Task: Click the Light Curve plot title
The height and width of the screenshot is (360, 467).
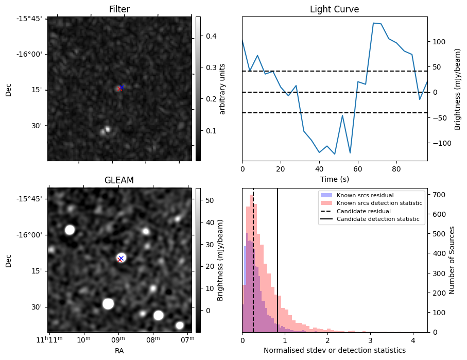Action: (334, 10)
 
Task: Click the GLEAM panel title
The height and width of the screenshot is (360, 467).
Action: (119, 180)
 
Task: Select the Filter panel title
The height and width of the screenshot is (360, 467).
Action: (119, 10)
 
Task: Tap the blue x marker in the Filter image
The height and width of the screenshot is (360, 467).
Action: (122, 87)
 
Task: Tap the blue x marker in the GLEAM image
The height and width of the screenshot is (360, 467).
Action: (121, 258)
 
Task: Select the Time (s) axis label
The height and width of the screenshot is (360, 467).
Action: (334, 179)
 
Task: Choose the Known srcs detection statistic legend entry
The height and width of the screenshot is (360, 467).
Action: (379, 203)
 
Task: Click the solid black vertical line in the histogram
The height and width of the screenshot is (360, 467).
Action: (278, 268)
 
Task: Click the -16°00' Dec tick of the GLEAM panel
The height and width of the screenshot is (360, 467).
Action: (32, 235)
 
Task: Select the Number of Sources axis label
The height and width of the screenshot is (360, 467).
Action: (453, 260)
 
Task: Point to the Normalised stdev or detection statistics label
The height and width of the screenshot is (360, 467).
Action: (334, 350)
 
